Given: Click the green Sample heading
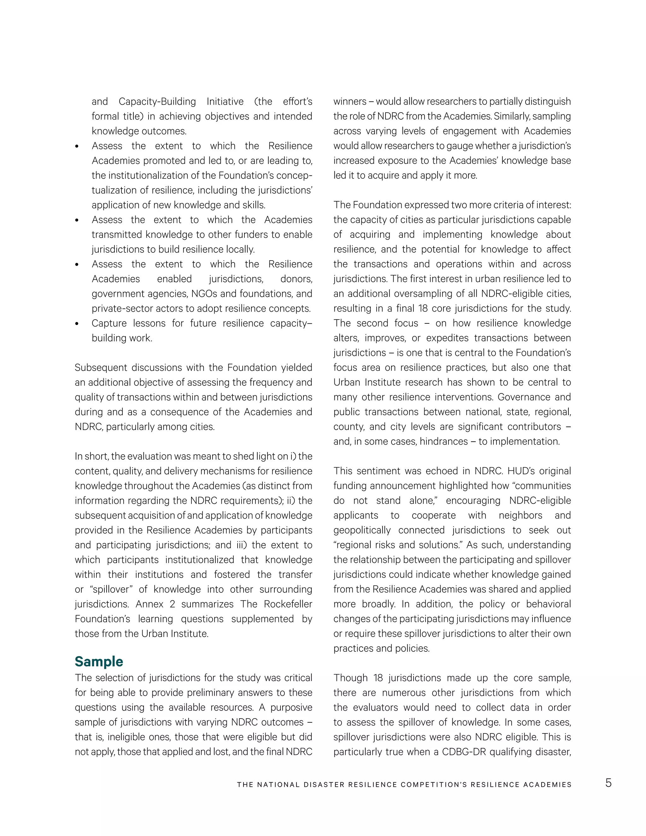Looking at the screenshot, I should pyautogui.click(x=99, y=662).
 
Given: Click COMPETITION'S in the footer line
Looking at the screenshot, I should pyautogui.click(x=434, y=785).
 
